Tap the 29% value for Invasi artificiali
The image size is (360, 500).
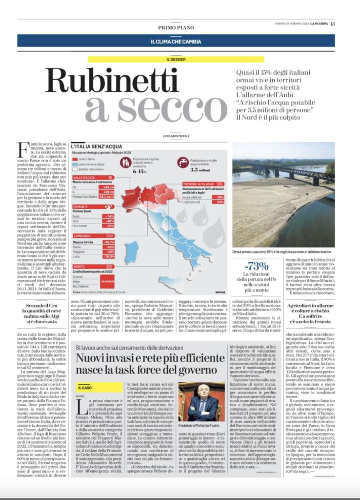(x=220, y=196)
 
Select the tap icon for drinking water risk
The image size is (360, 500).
(x=183, y=162)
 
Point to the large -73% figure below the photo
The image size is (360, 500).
(x=258, y=266)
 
